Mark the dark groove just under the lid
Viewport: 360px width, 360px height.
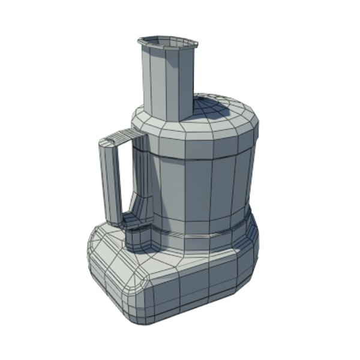(204, 160)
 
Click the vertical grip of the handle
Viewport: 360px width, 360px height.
(110, 180)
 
